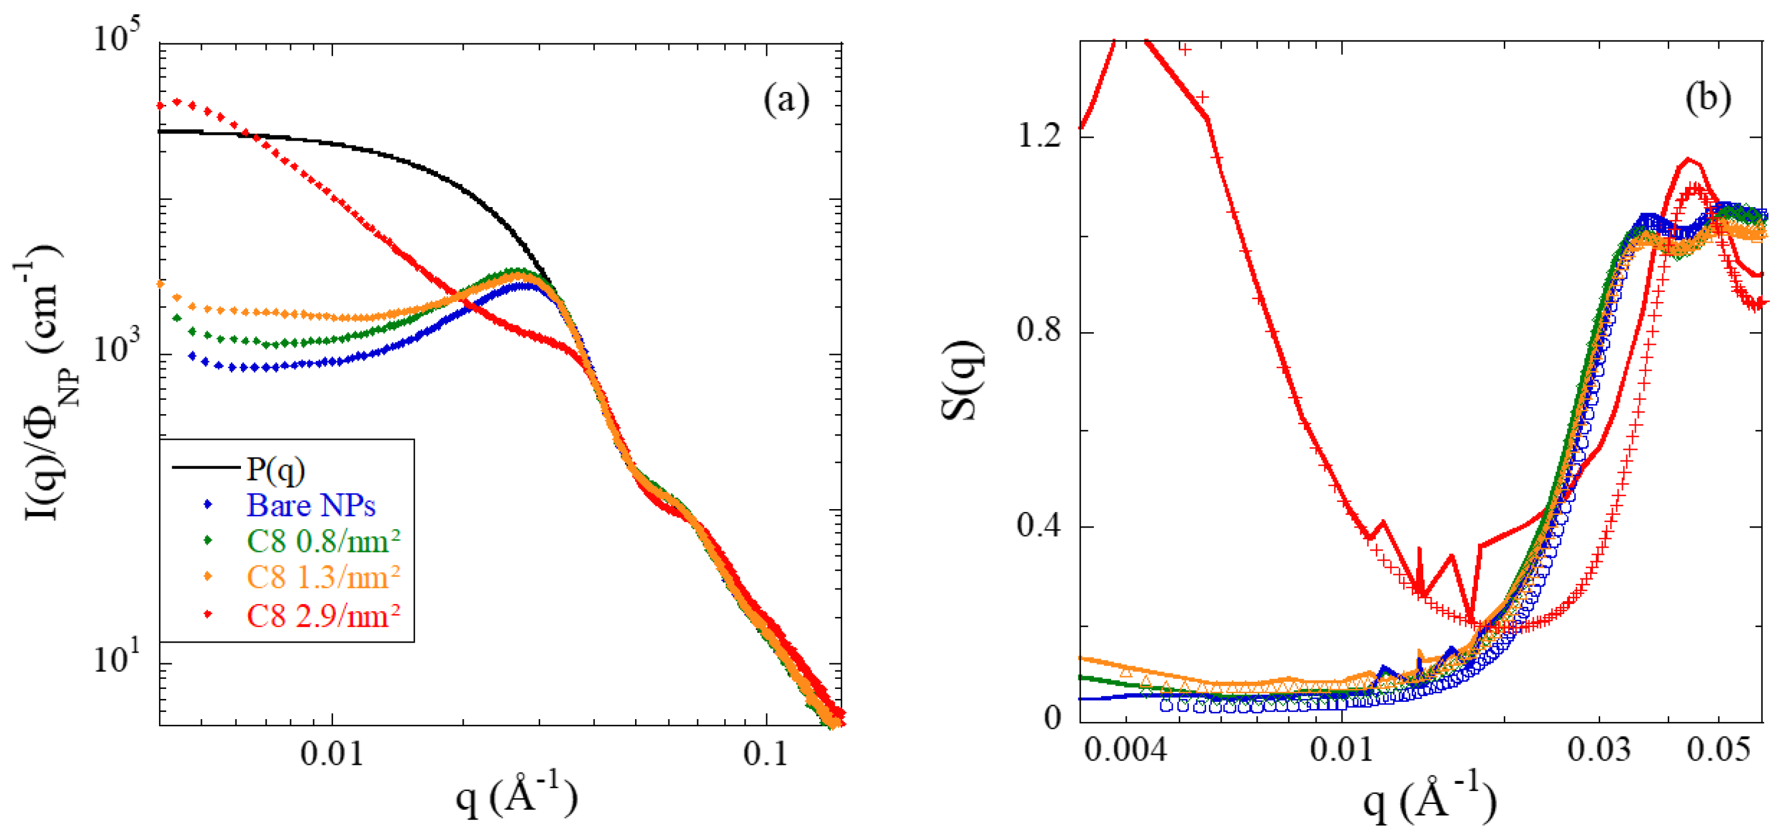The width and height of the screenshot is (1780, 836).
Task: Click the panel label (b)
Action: click(1708, 97)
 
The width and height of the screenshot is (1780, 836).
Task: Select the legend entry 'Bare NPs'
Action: click(311, 506)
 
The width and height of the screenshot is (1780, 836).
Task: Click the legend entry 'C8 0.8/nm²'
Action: click(323, 542)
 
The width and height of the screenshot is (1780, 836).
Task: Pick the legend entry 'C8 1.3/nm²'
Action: click(323, 577)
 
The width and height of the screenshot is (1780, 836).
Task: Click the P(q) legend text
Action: click(275, 469)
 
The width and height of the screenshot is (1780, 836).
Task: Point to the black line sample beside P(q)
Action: click(205, 468)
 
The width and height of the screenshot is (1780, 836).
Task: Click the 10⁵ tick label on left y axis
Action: click(116, 36)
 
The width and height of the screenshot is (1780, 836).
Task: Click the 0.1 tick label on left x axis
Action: click(766, 754)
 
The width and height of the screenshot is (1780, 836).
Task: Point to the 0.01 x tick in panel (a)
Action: click(332, 754)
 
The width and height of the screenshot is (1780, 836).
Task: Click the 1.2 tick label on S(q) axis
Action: click(1039, 136)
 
